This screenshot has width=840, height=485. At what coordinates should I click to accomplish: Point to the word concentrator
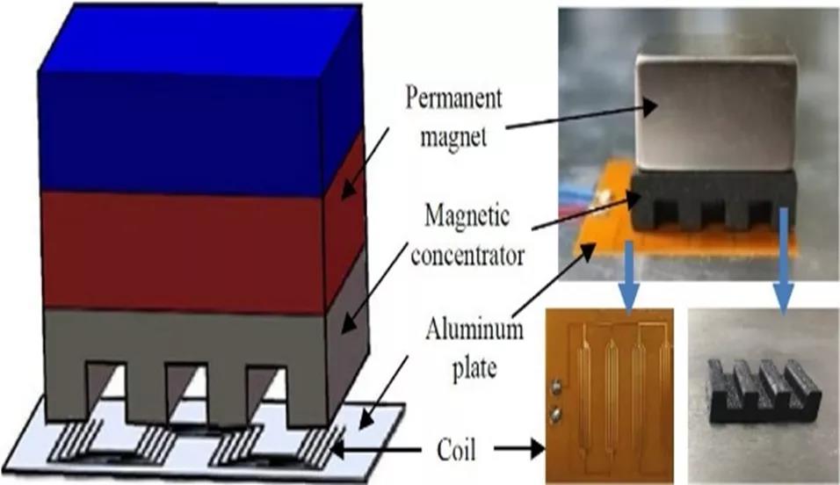pyautogui.click(x=467, y=255)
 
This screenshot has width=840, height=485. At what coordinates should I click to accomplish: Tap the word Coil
pyautogui.click(x=458, y=452)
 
